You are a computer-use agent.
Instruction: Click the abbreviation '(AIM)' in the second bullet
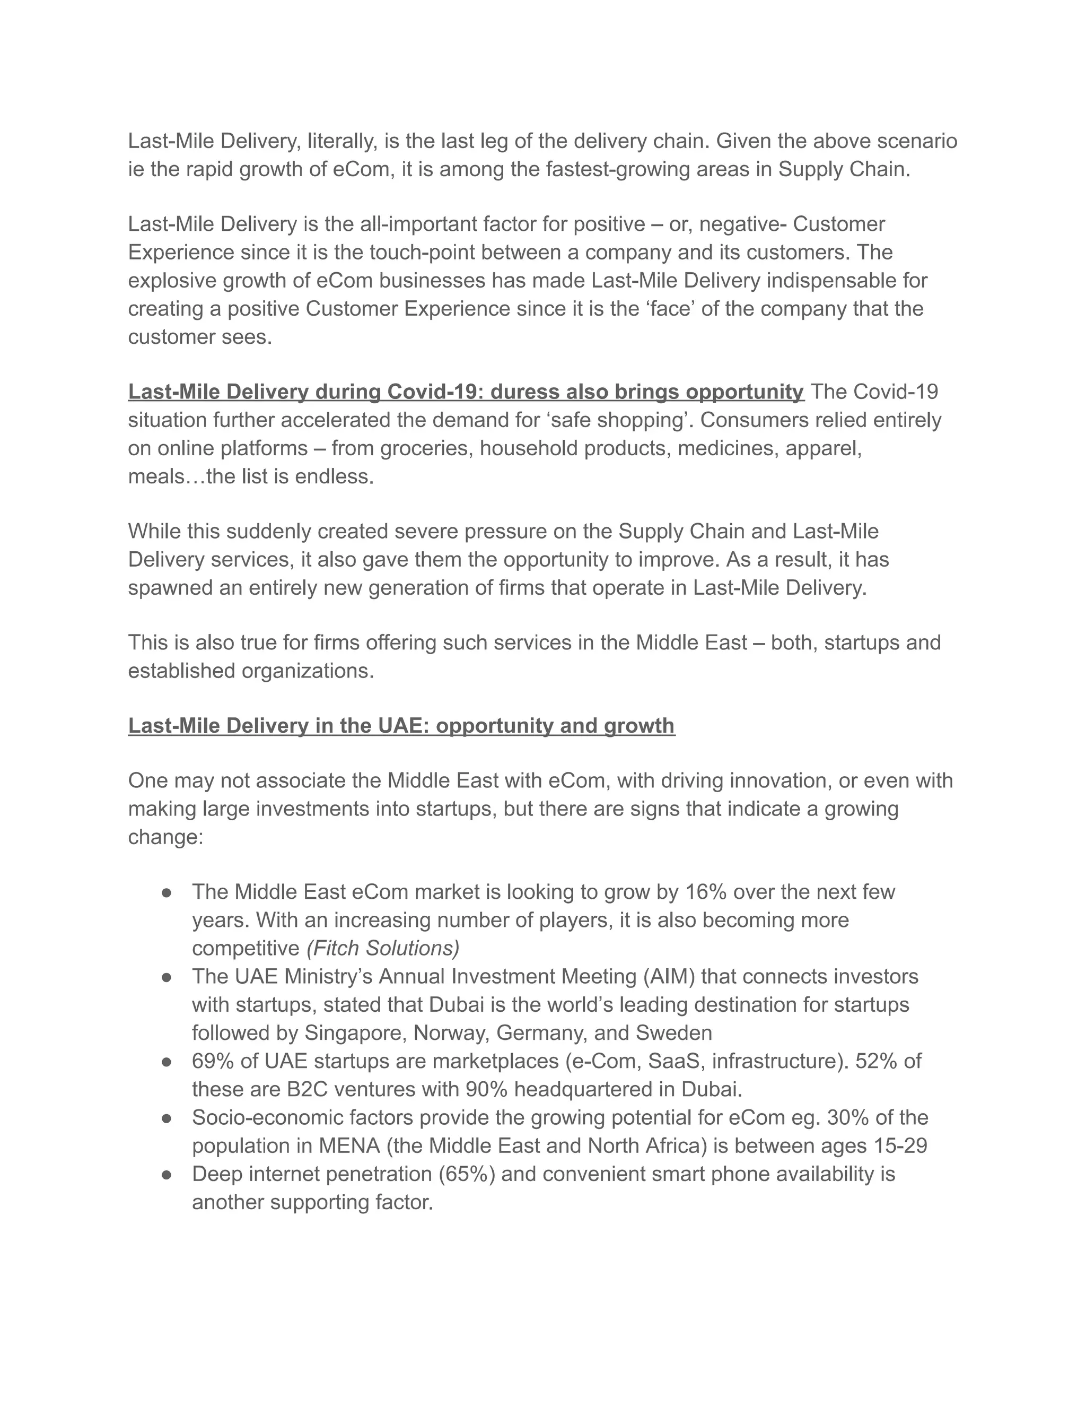tap(669, 977)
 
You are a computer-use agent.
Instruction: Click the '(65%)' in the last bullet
tap(467, 1174)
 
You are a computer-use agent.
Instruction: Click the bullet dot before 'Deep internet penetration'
tap(167, 1175)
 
